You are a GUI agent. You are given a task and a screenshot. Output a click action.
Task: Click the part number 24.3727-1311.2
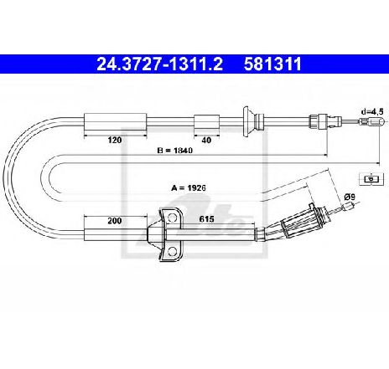point(159,64)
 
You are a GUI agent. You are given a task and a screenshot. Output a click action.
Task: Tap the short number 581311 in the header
point(272,64)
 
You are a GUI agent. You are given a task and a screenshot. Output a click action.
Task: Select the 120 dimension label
point(115,140)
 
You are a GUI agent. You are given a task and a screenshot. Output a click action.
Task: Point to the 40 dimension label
point(206,140)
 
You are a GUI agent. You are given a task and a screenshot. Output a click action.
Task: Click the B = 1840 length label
point(175,151)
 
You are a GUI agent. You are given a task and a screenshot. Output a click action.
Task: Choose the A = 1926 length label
point(189,187)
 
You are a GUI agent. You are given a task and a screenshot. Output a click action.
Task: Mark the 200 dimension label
point(115,221)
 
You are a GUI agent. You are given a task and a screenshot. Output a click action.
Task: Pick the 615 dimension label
point(206,219)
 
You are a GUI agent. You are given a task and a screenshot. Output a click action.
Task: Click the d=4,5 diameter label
point(372,112)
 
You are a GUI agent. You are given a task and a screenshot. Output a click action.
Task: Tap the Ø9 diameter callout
point(350,197)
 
